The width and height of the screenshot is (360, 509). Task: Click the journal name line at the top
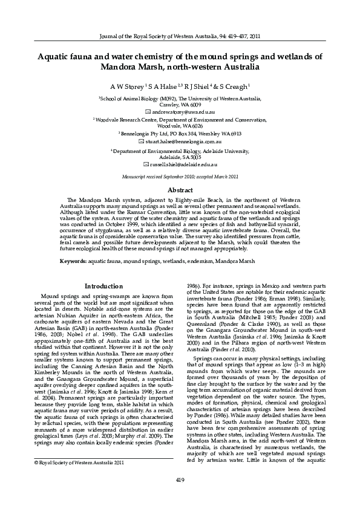click(x=180, y=36)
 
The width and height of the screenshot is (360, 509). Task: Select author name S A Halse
click(x=163, y=86)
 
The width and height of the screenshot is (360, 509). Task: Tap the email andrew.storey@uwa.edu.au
click(x=183, y=112)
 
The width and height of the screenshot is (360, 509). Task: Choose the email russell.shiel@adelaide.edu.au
click(x=183, y=164)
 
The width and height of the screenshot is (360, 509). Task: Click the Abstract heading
click(x=180, y=189)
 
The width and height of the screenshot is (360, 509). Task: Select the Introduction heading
click(x=103, y=286)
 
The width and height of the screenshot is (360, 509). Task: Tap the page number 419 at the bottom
click(x=180, y=479)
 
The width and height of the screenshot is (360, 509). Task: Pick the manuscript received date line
click(x=180, y=176)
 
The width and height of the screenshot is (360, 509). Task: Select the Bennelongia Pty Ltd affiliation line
click(x=180, y=134)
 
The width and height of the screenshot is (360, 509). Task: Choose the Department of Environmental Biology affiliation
click(x=180, y=150)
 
